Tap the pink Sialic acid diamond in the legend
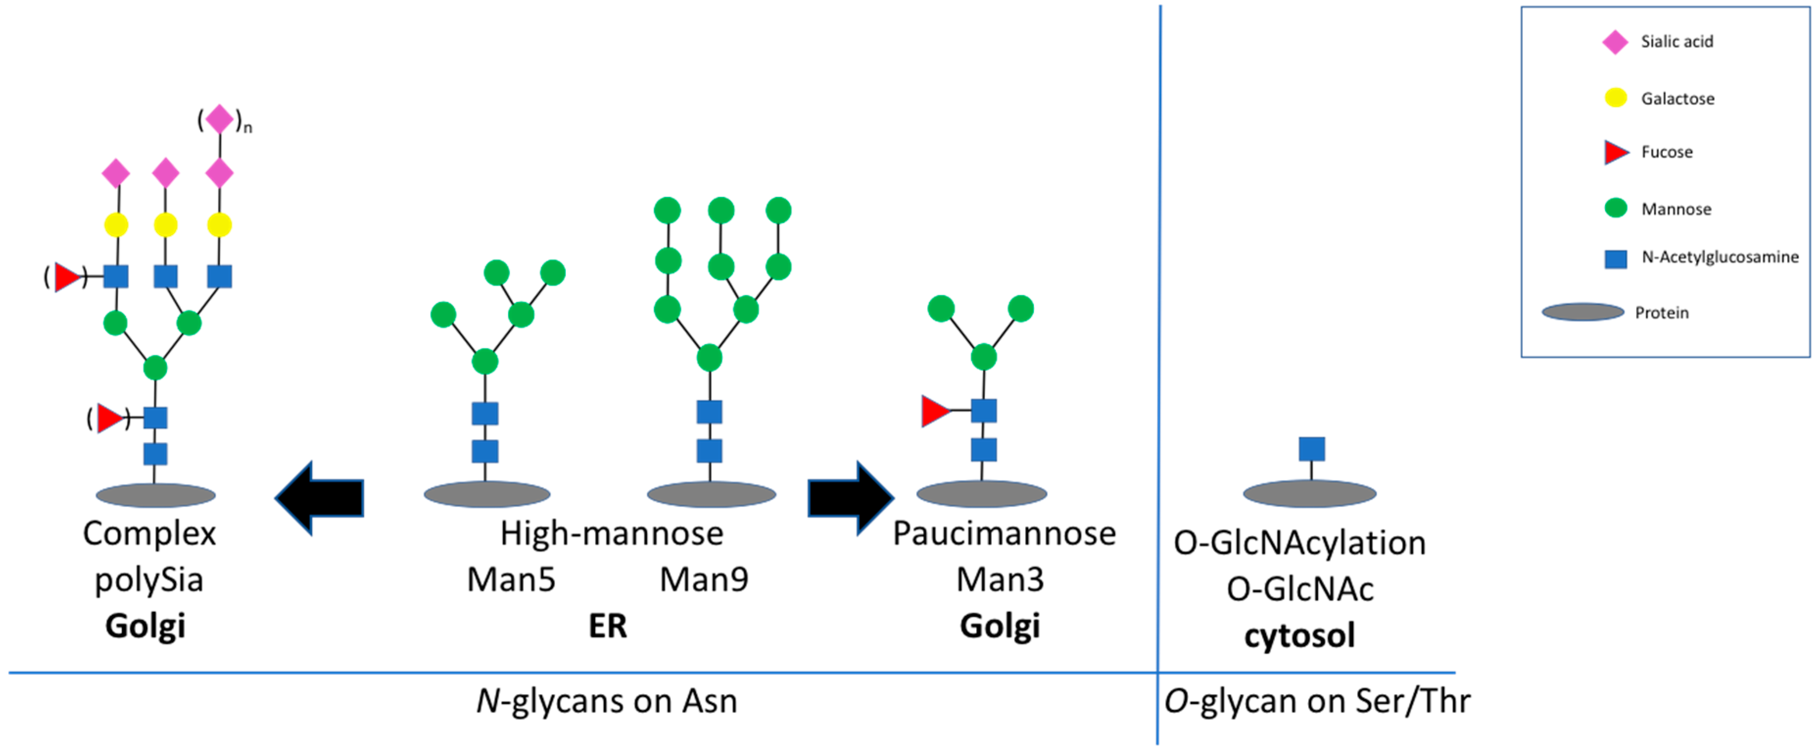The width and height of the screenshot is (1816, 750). tap(1615, 42)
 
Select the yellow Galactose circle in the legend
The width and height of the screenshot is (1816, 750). tap(1616, 98)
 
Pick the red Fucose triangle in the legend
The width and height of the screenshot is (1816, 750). tap(1615, 152)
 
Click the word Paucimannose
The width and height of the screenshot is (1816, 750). tap(1004, 534)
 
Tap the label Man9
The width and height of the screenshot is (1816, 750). tap(704, 580)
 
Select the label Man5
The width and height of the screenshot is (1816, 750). tap(511, 580)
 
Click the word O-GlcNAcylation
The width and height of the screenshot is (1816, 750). tap(1299, 543)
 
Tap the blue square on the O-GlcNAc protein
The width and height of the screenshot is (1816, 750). tap(1311, 449)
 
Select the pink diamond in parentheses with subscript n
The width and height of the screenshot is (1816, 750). tap(219, 119)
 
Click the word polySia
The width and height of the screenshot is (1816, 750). tap(149, 580)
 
